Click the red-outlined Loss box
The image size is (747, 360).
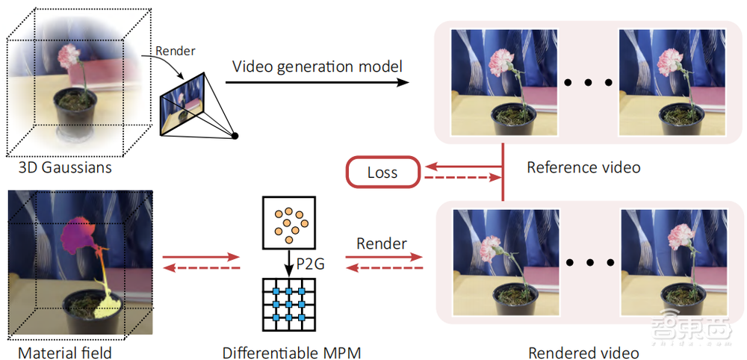[x=382, y=173]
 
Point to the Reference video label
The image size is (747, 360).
[x=583, y=167]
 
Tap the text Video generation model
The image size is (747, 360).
[x=317, y=66]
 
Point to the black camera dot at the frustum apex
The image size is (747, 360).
[x=235, y=136]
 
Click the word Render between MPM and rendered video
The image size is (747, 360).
[x=381, y=243]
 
